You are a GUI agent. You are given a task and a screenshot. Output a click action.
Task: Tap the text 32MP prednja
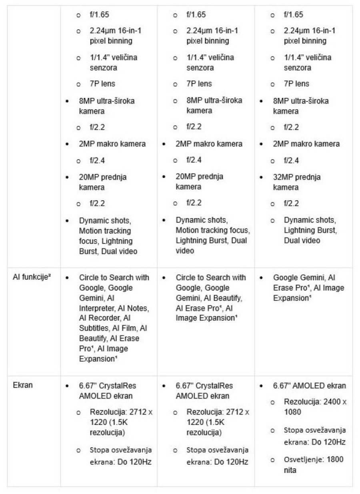tap(297, 177)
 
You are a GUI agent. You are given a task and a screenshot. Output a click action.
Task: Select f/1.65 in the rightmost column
tap(294, 15)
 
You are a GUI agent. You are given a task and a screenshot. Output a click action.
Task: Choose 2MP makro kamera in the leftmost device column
tap(112, 144)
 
